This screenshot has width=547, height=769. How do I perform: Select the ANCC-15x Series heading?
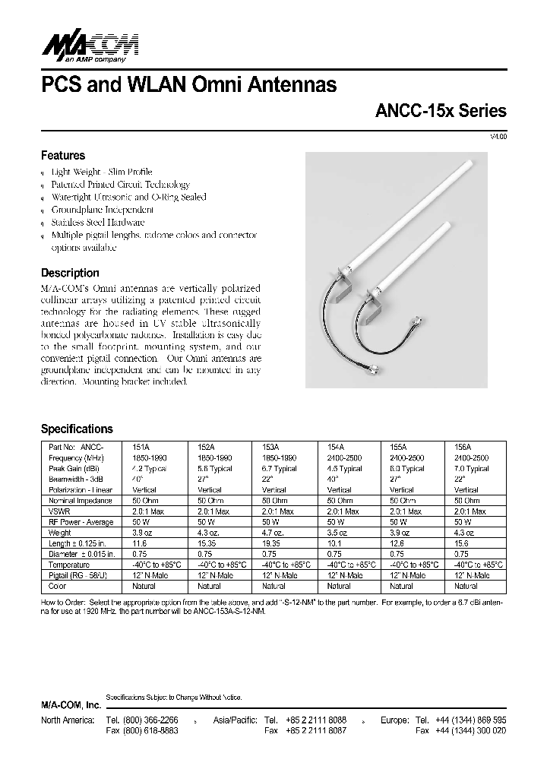click(x=441, y=111)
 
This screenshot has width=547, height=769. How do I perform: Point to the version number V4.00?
click(x=498, y=136)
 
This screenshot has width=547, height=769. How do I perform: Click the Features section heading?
click(x=62, y=155)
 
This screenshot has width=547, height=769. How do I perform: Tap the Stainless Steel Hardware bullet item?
click(x=97, y=223)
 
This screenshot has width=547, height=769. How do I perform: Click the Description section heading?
click(x=69, y=273)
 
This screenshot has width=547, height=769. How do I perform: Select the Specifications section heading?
click(x=76, y=429)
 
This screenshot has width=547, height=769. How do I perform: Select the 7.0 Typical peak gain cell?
click(x=471, y=470)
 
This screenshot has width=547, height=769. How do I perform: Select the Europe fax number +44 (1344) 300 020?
click(x=471, y=730)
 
